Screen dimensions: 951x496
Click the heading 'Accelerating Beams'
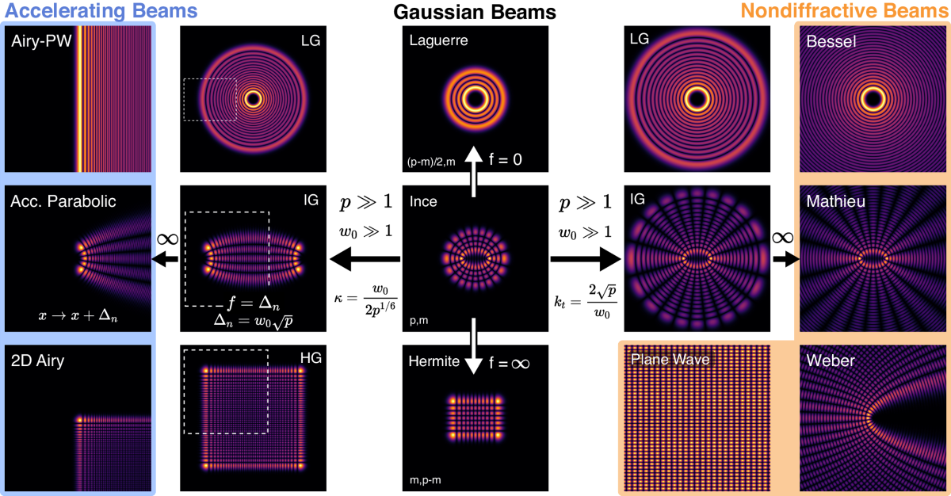click(99, 12)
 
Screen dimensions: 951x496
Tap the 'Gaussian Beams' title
click(475, 12)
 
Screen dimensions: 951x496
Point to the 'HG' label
click(311, 359)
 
